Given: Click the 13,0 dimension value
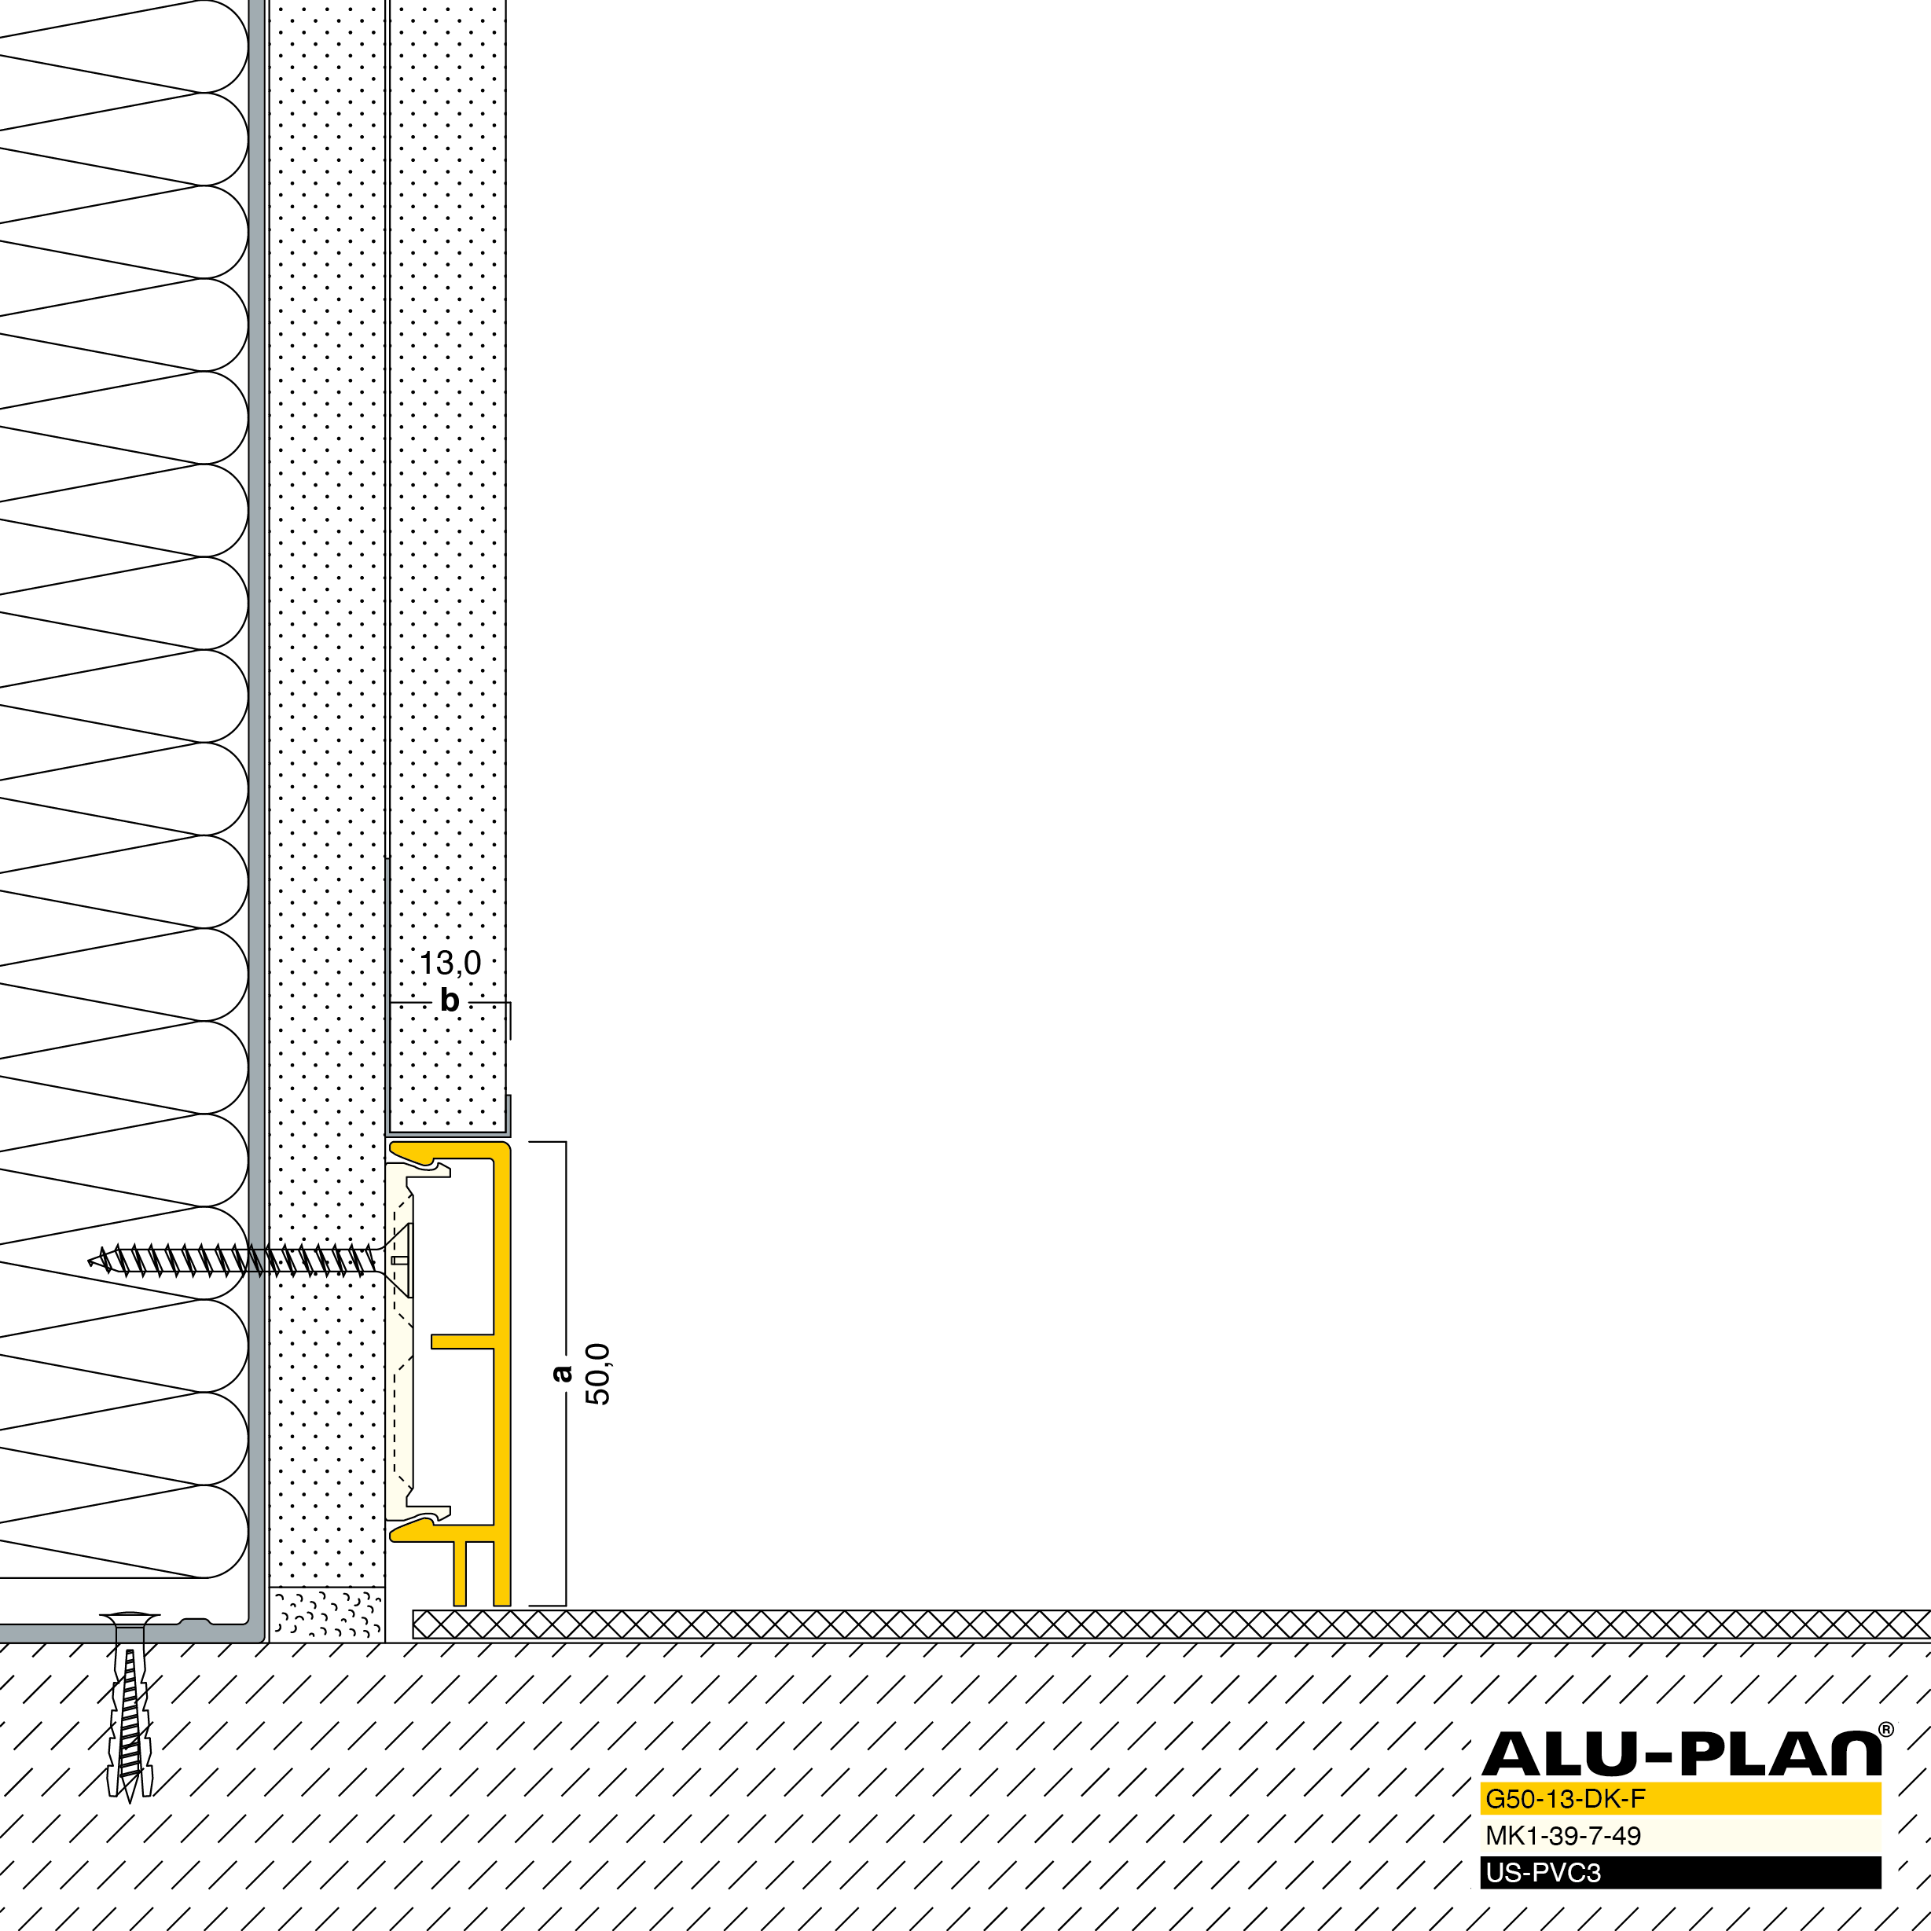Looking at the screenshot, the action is (450, 964).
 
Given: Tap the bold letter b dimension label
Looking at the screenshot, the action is (450, 1000).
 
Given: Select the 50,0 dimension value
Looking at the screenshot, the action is (597, 1375).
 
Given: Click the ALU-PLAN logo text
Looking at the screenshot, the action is (1680, 1754).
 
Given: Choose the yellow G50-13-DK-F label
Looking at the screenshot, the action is (1566, 1799).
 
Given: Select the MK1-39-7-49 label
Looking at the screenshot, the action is (1563, 1836).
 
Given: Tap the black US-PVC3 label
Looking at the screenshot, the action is (1544, 1872).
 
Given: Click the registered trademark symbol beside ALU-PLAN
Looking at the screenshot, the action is (1886, 1730).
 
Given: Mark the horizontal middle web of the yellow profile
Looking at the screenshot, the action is (462, 1342).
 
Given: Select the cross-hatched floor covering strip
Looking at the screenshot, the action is (1171, 1624).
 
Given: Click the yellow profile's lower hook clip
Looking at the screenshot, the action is (419, 1530).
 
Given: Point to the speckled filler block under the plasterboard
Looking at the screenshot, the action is (327, 1614).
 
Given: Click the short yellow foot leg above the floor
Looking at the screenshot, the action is (460, 1573).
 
